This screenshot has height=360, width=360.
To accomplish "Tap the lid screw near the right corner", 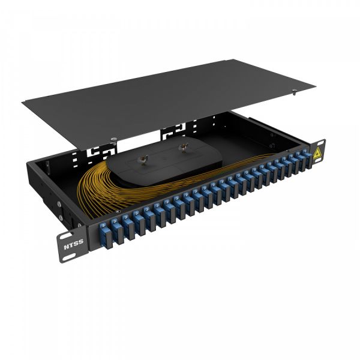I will click(x=294, y=91).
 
